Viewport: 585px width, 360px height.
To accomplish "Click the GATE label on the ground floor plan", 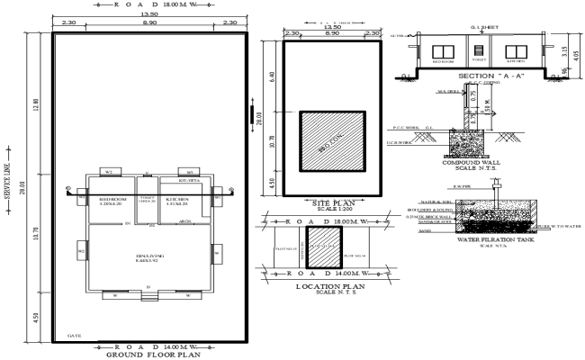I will click(74, 335).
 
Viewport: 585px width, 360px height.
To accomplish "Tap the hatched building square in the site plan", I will click(332, 140).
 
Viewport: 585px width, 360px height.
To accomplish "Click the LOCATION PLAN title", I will click(330, 286).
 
